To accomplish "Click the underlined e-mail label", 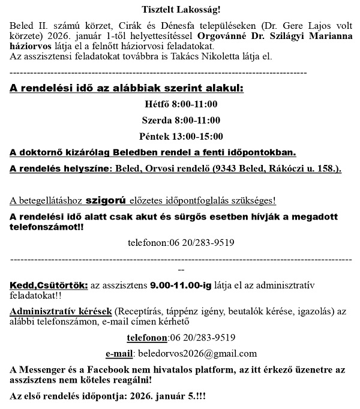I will (x=119, y=353).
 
